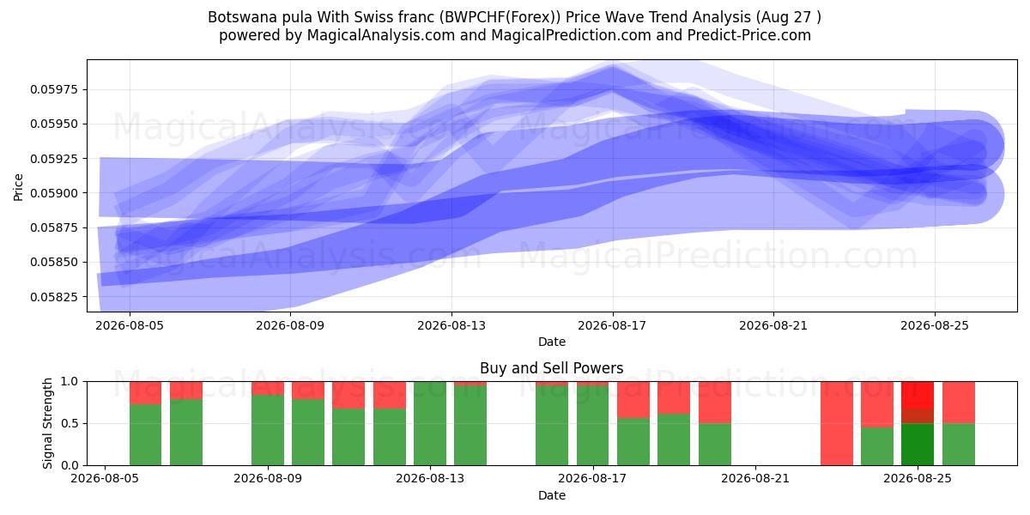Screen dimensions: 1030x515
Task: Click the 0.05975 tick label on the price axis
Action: click(x=53, y=89)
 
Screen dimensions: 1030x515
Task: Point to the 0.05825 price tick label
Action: click(x=53, y=297)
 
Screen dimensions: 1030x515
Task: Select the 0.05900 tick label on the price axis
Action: click(x=53, y=193)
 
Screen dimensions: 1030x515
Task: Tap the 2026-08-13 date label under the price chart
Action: click(x=451, y=325)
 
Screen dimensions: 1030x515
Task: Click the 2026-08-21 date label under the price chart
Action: click(x=773, y=325)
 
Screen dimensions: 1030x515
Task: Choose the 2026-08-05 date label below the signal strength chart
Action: click(x=105, y=478)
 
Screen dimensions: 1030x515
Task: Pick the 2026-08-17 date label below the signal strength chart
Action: click(x=592, y=478)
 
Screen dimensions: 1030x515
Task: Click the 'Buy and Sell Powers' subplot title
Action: click(x=551, y=368)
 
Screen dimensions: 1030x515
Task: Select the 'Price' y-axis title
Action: click(x=18, y=187)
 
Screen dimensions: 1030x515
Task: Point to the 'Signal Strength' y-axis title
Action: click(x=47, y=423)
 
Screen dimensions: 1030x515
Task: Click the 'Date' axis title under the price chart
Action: click(x=552, y=342)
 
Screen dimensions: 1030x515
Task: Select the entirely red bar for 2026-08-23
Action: click(x=836, y=423)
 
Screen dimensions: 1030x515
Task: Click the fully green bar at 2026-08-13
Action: click(x=429, y=423)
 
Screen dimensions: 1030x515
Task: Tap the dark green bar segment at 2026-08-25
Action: click(x=918, y=445)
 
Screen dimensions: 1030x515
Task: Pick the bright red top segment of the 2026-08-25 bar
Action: click(x=918, y=395)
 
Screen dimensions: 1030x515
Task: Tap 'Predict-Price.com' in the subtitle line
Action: click(x=749, y=35)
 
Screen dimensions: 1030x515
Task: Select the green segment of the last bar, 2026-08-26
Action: click(x=958, y=445)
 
